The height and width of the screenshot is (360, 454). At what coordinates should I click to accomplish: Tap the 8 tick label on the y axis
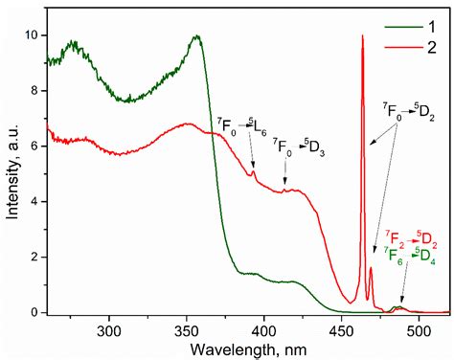click(x=34, y=91)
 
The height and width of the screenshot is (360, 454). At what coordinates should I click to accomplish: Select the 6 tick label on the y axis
click(x=34, y=146)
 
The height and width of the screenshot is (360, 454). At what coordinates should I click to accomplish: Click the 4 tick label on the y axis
click(x=34, y=202)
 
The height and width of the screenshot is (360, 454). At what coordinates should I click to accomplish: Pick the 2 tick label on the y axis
click(x=34, y=258)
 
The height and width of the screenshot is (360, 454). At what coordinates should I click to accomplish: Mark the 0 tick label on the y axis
click(x=34, y=312)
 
